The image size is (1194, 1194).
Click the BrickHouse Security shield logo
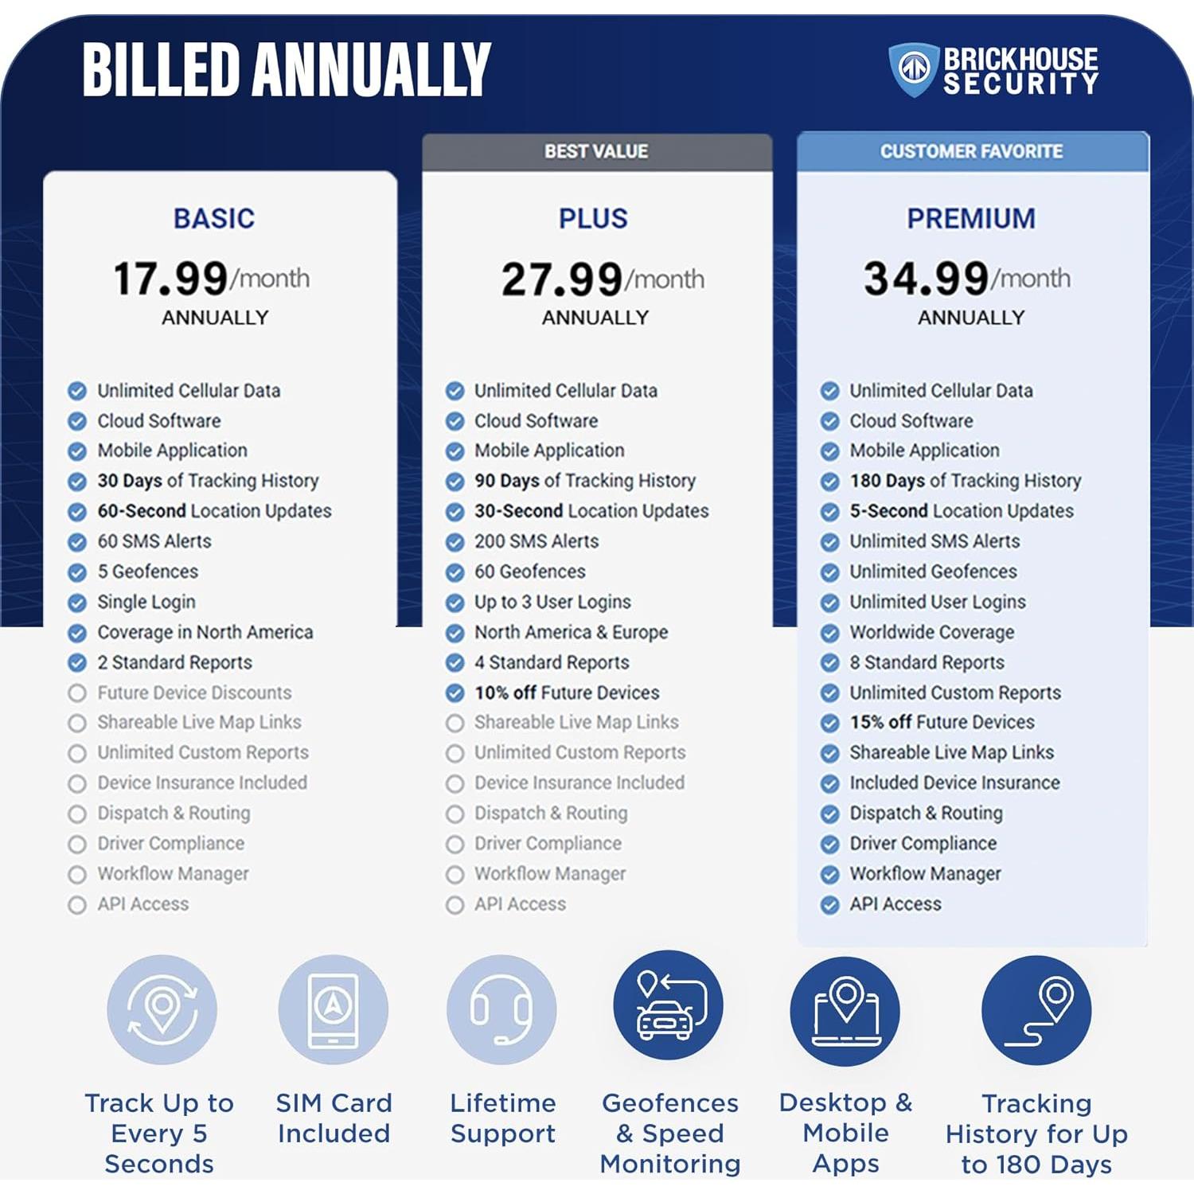point(913,69)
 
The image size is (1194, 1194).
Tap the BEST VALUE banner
point(596,151)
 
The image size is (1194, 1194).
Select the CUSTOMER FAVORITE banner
point(971,151)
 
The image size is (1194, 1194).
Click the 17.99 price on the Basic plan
point(171,279)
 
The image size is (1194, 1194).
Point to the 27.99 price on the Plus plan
point(562,279)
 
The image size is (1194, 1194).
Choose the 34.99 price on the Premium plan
point(927,279)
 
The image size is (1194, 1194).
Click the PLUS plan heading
point(593,218)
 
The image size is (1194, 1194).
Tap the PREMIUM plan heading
point(971,218)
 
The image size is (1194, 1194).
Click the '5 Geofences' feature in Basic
point(147,572)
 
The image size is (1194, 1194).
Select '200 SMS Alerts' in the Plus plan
point(537,541)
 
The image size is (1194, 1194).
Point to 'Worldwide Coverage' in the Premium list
point(931,632)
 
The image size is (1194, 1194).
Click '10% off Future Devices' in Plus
point(567,693)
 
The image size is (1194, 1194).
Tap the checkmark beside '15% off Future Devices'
point(830,723)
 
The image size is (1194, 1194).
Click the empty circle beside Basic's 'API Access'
point(77,905)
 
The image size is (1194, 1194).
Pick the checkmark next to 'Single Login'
point(77,603)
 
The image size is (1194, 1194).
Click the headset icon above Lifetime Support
point(501,1009)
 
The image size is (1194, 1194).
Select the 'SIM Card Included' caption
point(334,1118)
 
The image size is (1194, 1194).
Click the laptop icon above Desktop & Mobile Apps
point(845,1011)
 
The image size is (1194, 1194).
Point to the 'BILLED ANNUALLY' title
point(287,70)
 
